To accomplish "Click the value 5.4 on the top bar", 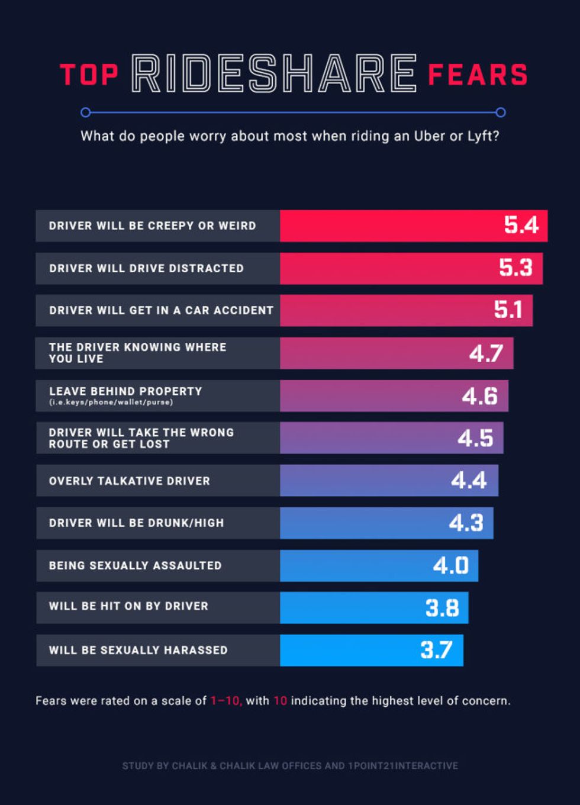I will (521, 225).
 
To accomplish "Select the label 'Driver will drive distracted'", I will (146, 268).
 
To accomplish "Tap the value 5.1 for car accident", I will (508, 310).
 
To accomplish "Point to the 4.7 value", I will (486, 353).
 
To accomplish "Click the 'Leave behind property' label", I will (125, 391).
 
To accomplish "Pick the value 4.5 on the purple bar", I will (475, 438).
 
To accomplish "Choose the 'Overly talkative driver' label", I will (129, 481).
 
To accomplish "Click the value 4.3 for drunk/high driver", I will (466, 523).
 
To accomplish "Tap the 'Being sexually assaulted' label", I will (135, 565).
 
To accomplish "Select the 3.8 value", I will (442, 608).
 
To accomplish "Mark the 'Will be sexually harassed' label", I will (138, 650).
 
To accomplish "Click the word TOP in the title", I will (89, 75).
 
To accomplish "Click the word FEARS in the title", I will (477, 75).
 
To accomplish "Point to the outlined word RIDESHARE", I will (273, 74).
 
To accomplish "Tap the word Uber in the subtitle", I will (430, 136).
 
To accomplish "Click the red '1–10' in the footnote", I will (225, 701).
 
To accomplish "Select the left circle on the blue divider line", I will (85, 112).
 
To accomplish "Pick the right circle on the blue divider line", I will (501, 112).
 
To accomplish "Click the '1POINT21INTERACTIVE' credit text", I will (403, 765).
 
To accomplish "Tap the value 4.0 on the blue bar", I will (450, 565).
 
